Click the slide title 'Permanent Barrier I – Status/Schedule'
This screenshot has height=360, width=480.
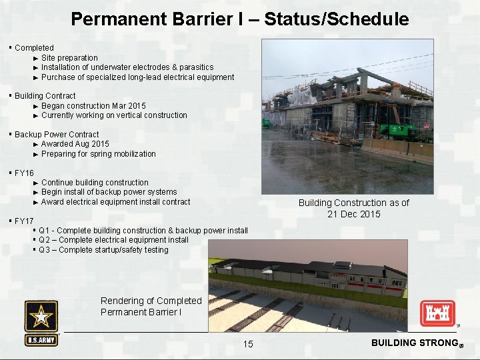point(239,19)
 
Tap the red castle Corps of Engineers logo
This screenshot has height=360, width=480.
point(437,313)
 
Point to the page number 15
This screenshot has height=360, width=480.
point(248,344)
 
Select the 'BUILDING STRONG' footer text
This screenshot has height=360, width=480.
point(413,343)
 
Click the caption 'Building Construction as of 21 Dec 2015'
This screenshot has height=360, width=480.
point(353,208)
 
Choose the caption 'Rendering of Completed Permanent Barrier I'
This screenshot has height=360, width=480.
point(151,306)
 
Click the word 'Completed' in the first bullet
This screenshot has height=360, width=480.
point(34,48)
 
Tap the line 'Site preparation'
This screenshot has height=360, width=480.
point(69,58)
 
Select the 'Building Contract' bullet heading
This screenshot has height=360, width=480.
point(45,96)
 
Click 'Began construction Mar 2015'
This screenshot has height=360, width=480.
point(93,106)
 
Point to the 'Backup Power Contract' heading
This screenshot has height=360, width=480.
point(57,135)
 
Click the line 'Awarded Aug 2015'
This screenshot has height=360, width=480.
point(75,144)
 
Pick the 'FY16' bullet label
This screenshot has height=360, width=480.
point(24,173)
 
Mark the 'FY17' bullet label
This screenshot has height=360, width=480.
point(24,221)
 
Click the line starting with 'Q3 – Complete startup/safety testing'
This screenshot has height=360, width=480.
point(103,250)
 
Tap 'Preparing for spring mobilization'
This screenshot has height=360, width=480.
point(99,154)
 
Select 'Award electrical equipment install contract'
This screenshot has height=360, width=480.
point(115,202)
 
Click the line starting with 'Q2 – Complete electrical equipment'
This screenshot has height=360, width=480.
point(113,240)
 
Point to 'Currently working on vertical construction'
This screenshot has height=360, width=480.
point(114,115)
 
